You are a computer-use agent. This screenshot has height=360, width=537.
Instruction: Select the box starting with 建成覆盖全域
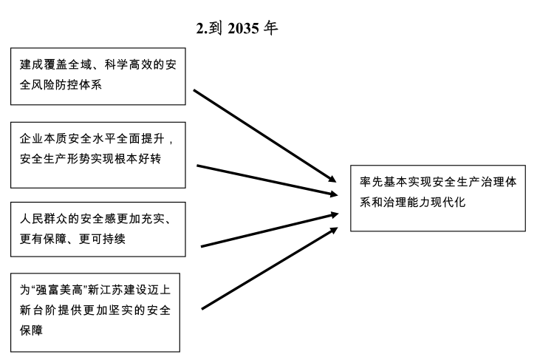point(98,75)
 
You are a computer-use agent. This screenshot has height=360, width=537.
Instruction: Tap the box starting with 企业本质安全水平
point(98,150)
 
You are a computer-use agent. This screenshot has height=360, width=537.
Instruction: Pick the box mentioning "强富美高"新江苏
point(98,310)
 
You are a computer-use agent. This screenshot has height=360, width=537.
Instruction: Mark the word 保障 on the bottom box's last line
point(31,330)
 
